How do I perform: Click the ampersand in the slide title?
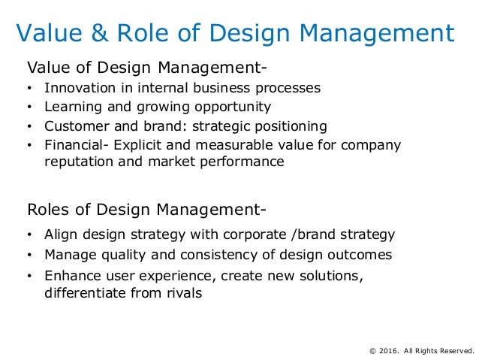tap(96, 34)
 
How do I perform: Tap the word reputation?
tap(77, 162)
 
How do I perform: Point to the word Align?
tap(60, 234)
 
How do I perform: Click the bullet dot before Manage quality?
tap(29, 256)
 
